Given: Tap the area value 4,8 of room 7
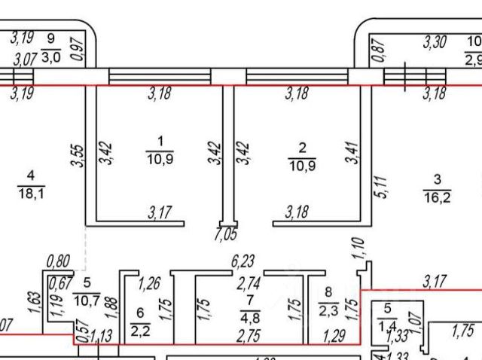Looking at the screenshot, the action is tap(249, 316).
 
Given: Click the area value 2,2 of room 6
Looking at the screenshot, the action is tap(140, 328).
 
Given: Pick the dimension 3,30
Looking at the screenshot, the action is tap(437, 43).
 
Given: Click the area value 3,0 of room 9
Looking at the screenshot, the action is tap(50, 56).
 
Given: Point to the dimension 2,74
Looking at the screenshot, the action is tap(249, 285).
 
